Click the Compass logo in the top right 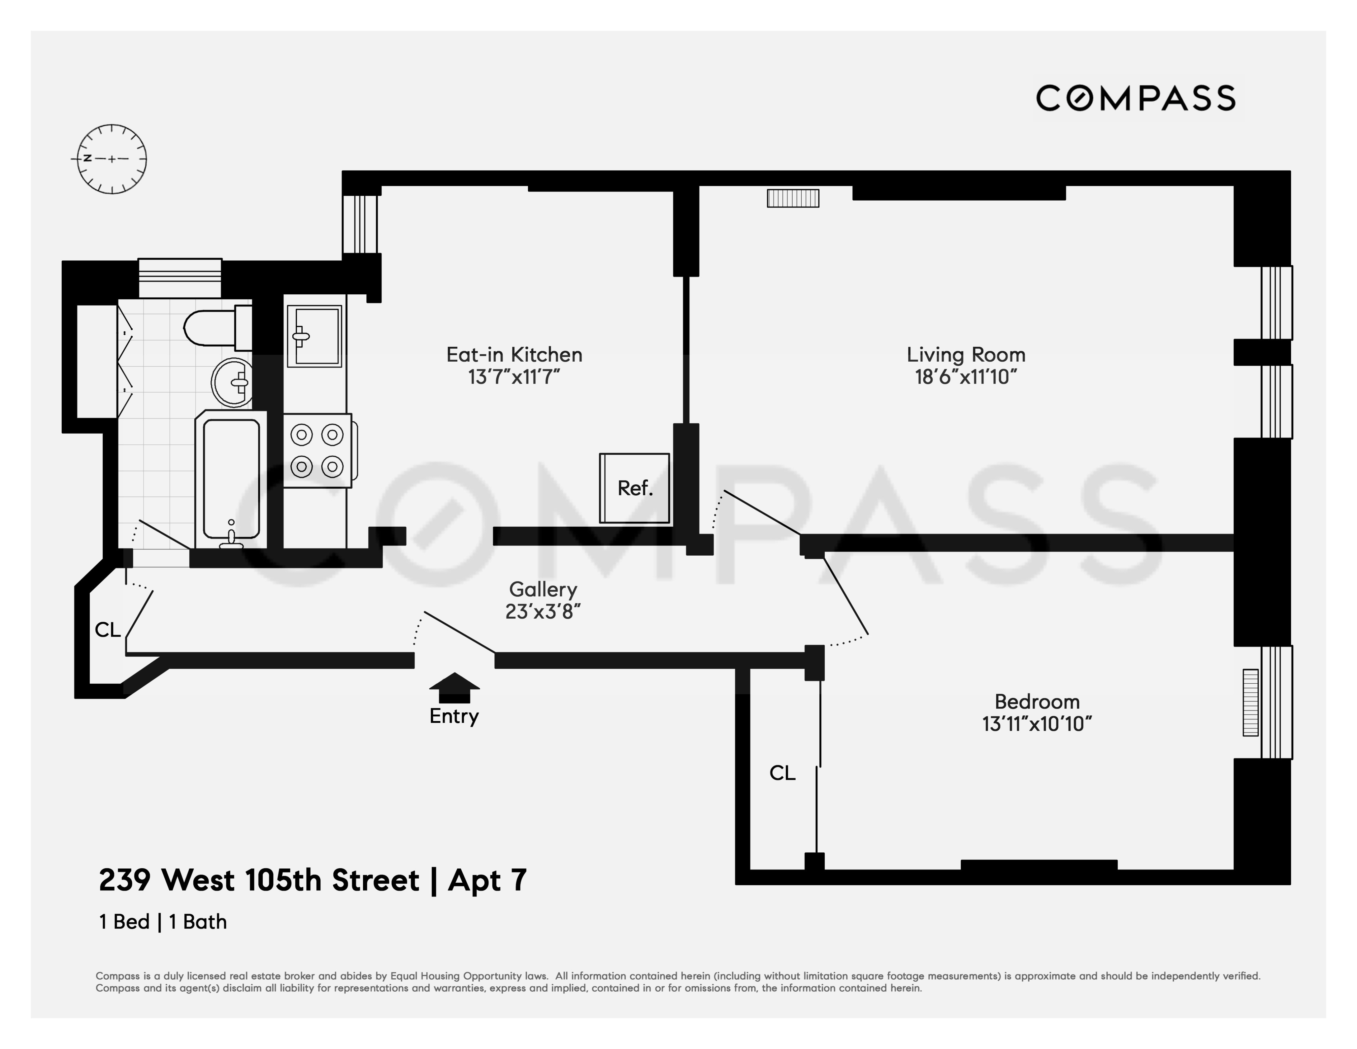click(1135, 98)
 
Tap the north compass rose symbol click(112, 159)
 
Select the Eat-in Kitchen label click(514, 354)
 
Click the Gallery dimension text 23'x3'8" click(542, 612)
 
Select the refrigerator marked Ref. click(634, 488)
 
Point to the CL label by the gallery click(107, 630)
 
